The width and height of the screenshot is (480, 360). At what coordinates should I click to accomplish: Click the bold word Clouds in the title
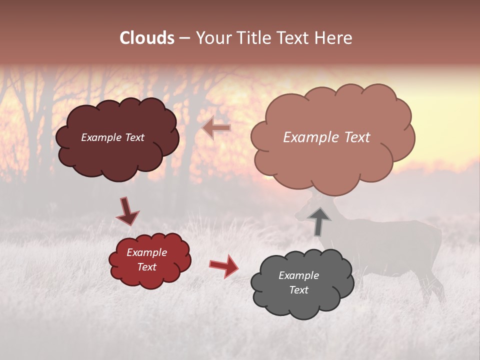[x=147, y=38]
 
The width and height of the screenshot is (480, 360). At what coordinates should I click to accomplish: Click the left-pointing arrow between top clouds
[x=216, y=128]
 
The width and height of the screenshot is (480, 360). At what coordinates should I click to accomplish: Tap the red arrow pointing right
[x=224, y=265]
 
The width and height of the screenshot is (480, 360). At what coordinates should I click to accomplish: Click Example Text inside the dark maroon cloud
[x=112, y=137]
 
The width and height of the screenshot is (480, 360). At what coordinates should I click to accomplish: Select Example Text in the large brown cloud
[x=326, y=137]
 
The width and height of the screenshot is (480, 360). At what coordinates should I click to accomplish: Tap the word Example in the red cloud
[x=146, y=252]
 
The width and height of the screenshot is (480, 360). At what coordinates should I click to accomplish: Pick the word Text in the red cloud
[x=146, y=267]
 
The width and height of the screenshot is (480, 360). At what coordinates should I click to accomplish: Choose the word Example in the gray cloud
[x=298, y=275]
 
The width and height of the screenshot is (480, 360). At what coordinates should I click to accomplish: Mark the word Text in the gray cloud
[x=298, y=290]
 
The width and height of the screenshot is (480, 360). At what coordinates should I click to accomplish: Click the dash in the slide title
[x=184, y=38]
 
